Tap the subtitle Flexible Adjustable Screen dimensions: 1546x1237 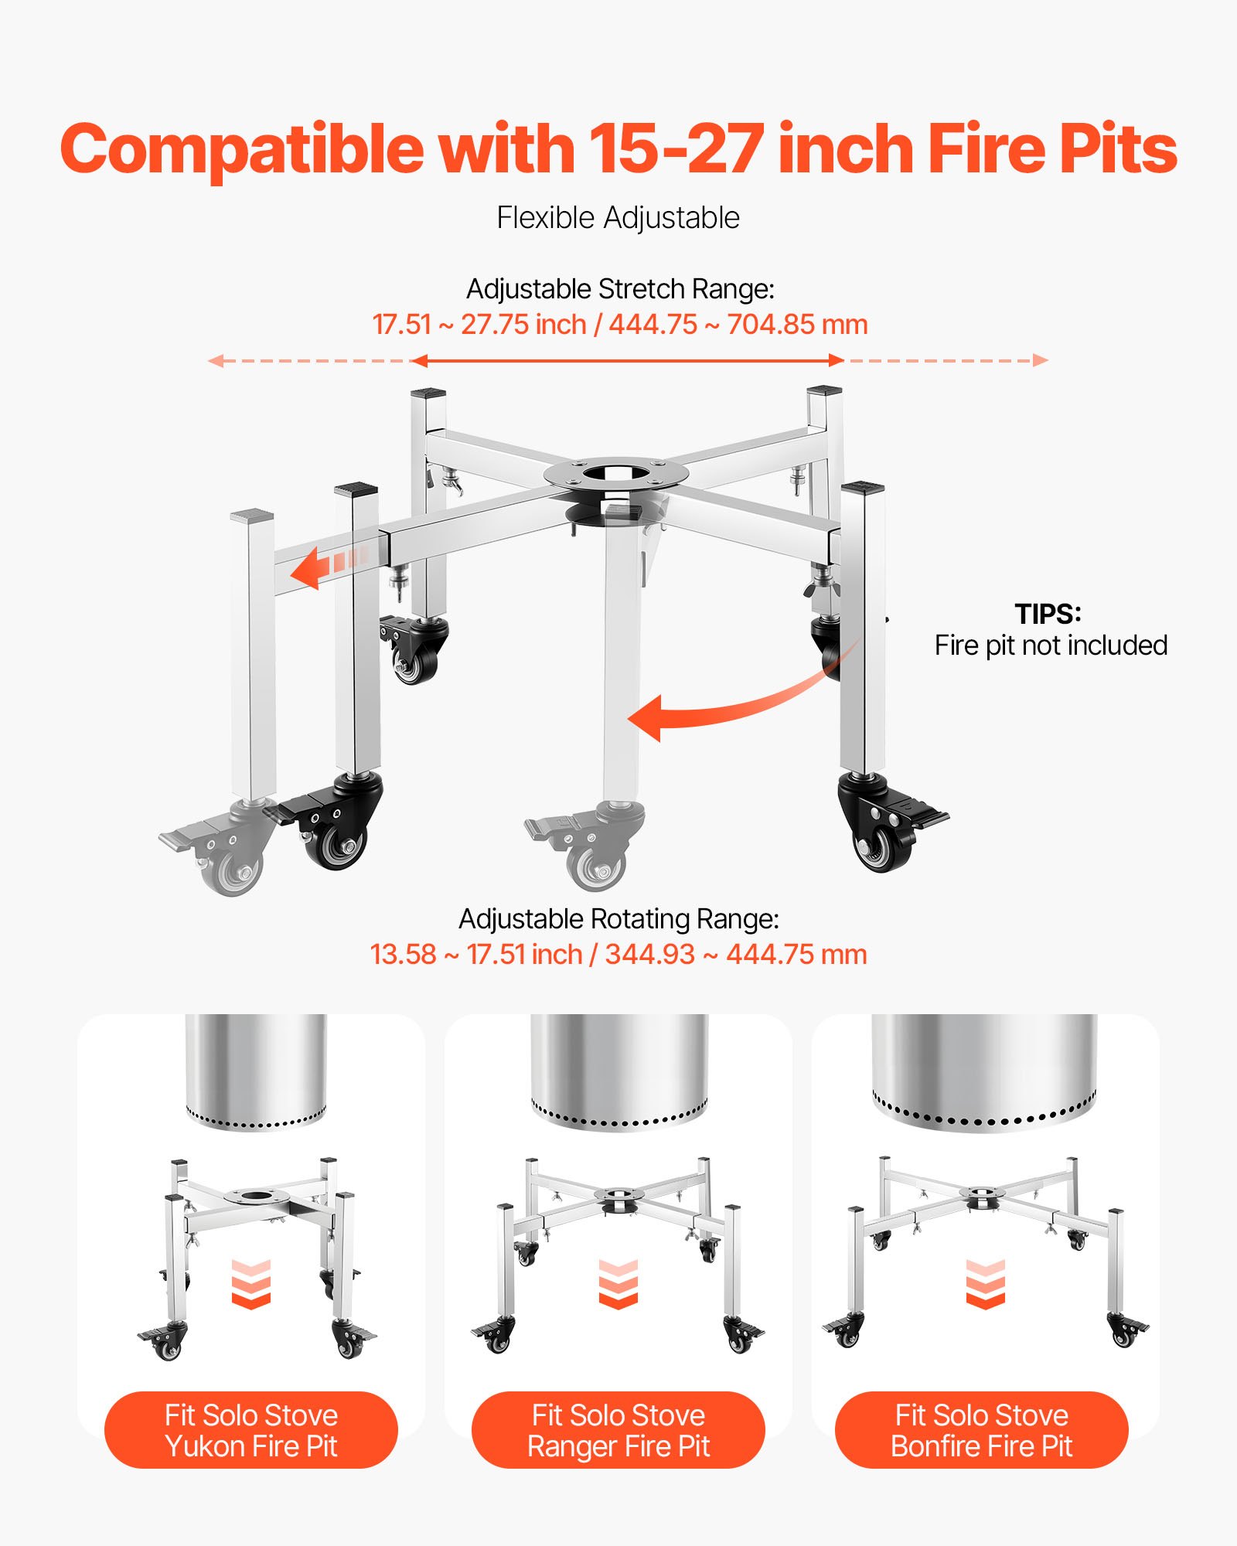[x=618, y=218]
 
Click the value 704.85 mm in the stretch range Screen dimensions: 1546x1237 [x=797, y=325]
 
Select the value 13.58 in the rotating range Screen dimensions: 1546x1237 [x=403, y=955]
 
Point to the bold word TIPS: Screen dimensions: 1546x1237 [x=1048, y=614]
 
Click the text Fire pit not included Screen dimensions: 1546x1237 [x=1051, y=645]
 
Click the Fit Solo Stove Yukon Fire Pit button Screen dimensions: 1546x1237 [x=251, y=1430]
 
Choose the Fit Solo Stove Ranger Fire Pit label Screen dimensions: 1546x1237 [x=618, y=1430]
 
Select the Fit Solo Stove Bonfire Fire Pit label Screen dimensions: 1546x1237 [x=982, y=1430]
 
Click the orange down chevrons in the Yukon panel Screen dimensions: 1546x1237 [x=251, y=1285]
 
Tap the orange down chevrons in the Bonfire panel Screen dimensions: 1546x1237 [x=985, y=1285]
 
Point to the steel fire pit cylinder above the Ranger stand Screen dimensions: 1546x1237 [x=618, y=1071]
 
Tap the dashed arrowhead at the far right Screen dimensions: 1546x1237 [x=1041, y=360]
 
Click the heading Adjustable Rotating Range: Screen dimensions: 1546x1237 [x=618, y=919]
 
